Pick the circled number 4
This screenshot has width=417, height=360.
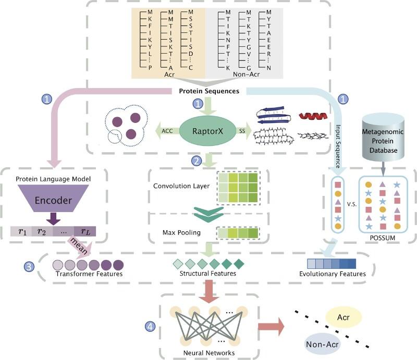click(150, 327)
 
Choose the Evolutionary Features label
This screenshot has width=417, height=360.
click(333, 274)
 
